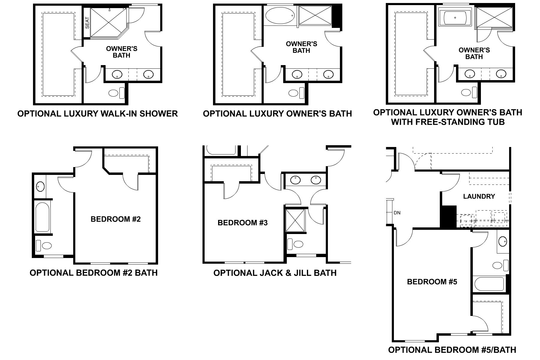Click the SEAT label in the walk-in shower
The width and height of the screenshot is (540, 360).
tap(87, 23)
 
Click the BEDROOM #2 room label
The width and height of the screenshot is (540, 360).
tap(115, 219)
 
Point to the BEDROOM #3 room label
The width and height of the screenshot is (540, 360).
tap(242, 223)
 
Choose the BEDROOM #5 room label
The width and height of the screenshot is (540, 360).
tap(432, 282)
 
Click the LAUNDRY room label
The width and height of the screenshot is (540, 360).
tap(479, 196)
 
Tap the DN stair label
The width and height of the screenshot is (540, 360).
tap(397, 213)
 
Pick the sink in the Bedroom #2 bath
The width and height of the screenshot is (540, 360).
tap(40, 187)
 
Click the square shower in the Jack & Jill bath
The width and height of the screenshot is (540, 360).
tap(295, 220)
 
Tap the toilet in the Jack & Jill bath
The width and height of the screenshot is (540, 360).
tap(295, 244)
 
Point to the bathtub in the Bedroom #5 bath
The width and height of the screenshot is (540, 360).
tap(489, 284)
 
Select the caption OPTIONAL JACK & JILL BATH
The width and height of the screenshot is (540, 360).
tap(275, 273)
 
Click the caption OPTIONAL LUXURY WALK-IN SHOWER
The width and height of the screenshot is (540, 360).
tap(97, 114)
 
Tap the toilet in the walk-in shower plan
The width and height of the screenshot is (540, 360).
tap(116, 93)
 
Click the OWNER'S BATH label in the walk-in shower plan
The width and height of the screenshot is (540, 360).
tap(121, 52)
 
